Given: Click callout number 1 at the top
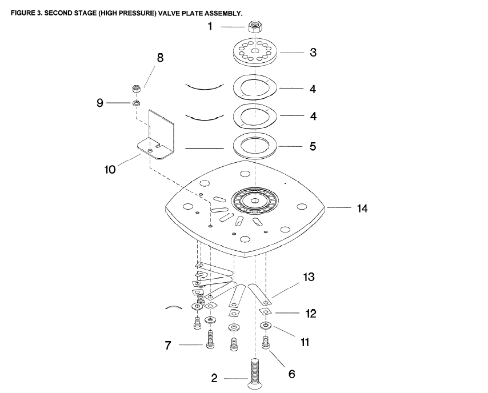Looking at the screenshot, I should (x=210, y=26).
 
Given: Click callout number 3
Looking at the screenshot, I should (x=313, y=52).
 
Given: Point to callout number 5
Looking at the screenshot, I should (x=313, y=146).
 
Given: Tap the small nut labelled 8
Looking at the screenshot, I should (x=137, y=89).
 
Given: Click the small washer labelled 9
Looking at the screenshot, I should (x=137, y=103).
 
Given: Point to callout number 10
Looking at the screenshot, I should (x=110, y=169).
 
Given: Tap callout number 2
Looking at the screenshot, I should (x=214, y=378).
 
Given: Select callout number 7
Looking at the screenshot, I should (x=168, y=345).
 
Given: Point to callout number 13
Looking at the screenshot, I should (x=309, y=277).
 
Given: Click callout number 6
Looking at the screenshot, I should (x=291, y=374).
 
